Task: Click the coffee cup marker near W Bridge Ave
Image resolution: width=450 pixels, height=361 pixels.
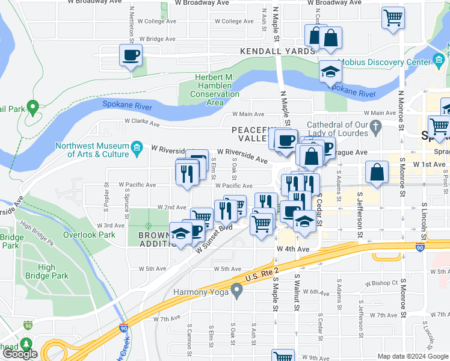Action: point(131,56)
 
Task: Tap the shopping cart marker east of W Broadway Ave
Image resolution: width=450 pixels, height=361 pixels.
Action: point(393,17)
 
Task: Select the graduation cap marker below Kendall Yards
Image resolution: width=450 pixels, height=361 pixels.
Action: point(330,72)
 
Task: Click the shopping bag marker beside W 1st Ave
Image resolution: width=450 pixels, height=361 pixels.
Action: point(376,171)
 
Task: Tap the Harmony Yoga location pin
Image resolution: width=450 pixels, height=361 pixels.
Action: point(237,292)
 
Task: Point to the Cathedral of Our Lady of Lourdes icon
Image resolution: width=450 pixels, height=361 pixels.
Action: point(376,126)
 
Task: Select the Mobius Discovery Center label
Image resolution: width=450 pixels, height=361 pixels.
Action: point(385,62)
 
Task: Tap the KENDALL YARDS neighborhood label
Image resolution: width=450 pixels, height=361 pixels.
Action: point(277,52)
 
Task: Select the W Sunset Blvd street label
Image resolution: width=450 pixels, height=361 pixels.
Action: point(213,239)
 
